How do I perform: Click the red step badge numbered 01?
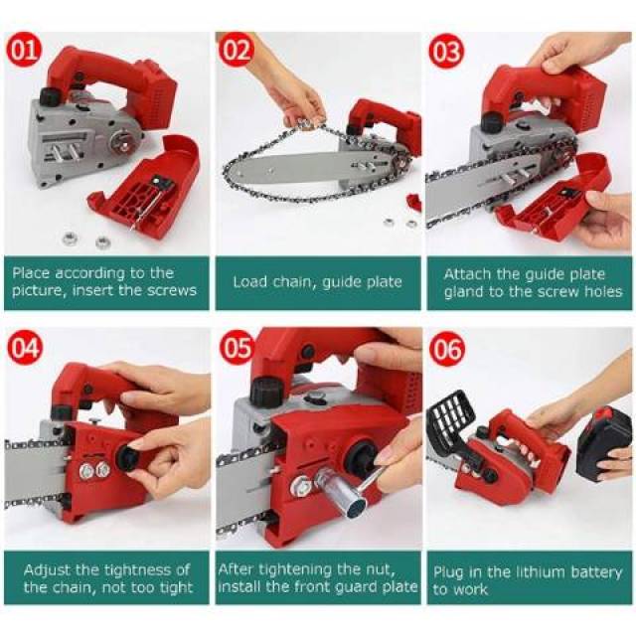24,52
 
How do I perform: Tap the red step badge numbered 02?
237,52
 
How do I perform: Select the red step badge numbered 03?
447,52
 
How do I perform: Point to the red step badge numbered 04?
25,348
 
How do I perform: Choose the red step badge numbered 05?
237,348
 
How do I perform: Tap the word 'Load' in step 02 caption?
249,282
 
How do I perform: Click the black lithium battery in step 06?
603,441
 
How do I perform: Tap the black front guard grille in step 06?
451,421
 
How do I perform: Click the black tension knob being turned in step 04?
129,456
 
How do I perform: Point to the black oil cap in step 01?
51,96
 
